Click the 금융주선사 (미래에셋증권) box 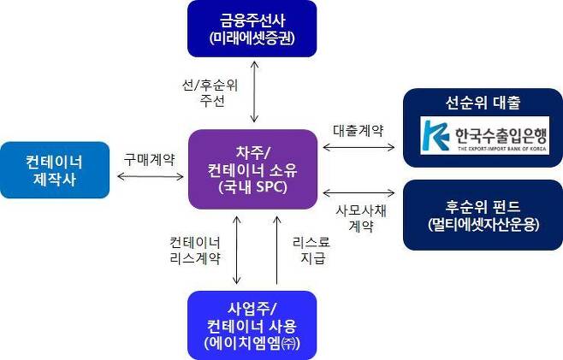[x=252, y=29]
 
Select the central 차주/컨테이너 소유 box [x=252, y=168]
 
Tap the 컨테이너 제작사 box [x=55, y=169]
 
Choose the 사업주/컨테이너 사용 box [x=252, y=325]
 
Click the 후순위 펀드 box [x=483, y=215]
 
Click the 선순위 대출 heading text [x=483, y=103]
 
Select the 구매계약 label [x=150, y=158]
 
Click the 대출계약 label [x=358, y=130]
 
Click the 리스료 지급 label [x=309, y=250]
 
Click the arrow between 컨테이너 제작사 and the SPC [x=150, y=176]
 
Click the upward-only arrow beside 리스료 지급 [x=277, y=250]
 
